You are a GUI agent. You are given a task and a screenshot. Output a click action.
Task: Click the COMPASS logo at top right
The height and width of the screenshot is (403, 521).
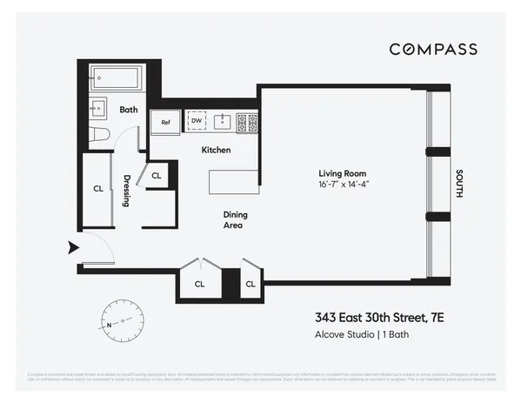[432, 49]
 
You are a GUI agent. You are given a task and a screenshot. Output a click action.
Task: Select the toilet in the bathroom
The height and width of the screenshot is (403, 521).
[100, 134]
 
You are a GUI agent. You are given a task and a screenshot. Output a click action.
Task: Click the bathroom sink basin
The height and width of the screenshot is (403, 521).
[100, 110]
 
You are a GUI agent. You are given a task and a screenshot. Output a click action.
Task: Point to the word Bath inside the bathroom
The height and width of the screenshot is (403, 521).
[129, 110]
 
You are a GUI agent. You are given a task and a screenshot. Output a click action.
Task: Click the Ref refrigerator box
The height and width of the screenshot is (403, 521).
[164, 123]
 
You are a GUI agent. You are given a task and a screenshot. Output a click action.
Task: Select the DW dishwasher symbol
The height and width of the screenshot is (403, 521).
[197, 122]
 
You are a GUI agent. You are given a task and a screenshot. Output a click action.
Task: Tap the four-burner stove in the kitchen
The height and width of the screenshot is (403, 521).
[247, 122]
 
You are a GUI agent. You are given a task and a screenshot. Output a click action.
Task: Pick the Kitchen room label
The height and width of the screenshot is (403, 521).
[216, 151]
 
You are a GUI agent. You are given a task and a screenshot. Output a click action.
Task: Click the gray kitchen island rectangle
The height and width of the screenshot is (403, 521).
[233, 182]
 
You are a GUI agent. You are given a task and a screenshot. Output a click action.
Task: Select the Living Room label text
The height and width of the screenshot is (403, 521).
[339, 174]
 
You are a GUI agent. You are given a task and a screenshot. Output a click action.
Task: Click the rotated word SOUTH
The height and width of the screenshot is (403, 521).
[458, 185]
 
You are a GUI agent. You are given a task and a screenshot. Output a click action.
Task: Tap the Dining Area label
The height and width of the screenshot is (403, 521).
[231, 219]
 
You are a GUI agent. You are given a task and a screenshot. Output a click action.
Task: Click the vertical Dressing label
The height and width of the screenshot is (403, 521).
[127, 189]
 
